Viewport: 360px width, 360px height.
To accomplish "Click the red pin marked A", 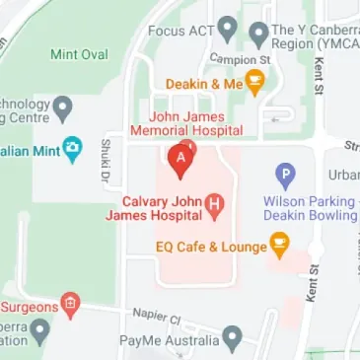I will (x=180, y=159).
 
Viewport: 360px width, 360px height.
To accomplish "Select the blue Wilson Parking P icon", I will (x=285, y=177).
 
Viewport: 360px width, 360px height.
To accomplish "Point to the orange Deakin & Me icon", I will (x=253, y=85).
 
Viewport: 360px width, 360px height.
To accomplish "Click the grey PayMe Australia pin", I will (x=232, y=338).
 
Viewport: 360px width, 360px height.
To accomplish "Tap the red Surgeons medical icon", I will (x=70, y=305).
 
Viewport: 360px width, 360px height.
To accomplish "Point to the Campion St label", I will (x=232, y=59).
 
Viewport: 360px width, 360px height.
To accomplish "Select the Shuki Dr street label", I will (x=104, y=161).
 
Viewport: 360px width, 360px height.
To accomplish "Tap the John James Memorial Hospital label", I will (x=194, y=122).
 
